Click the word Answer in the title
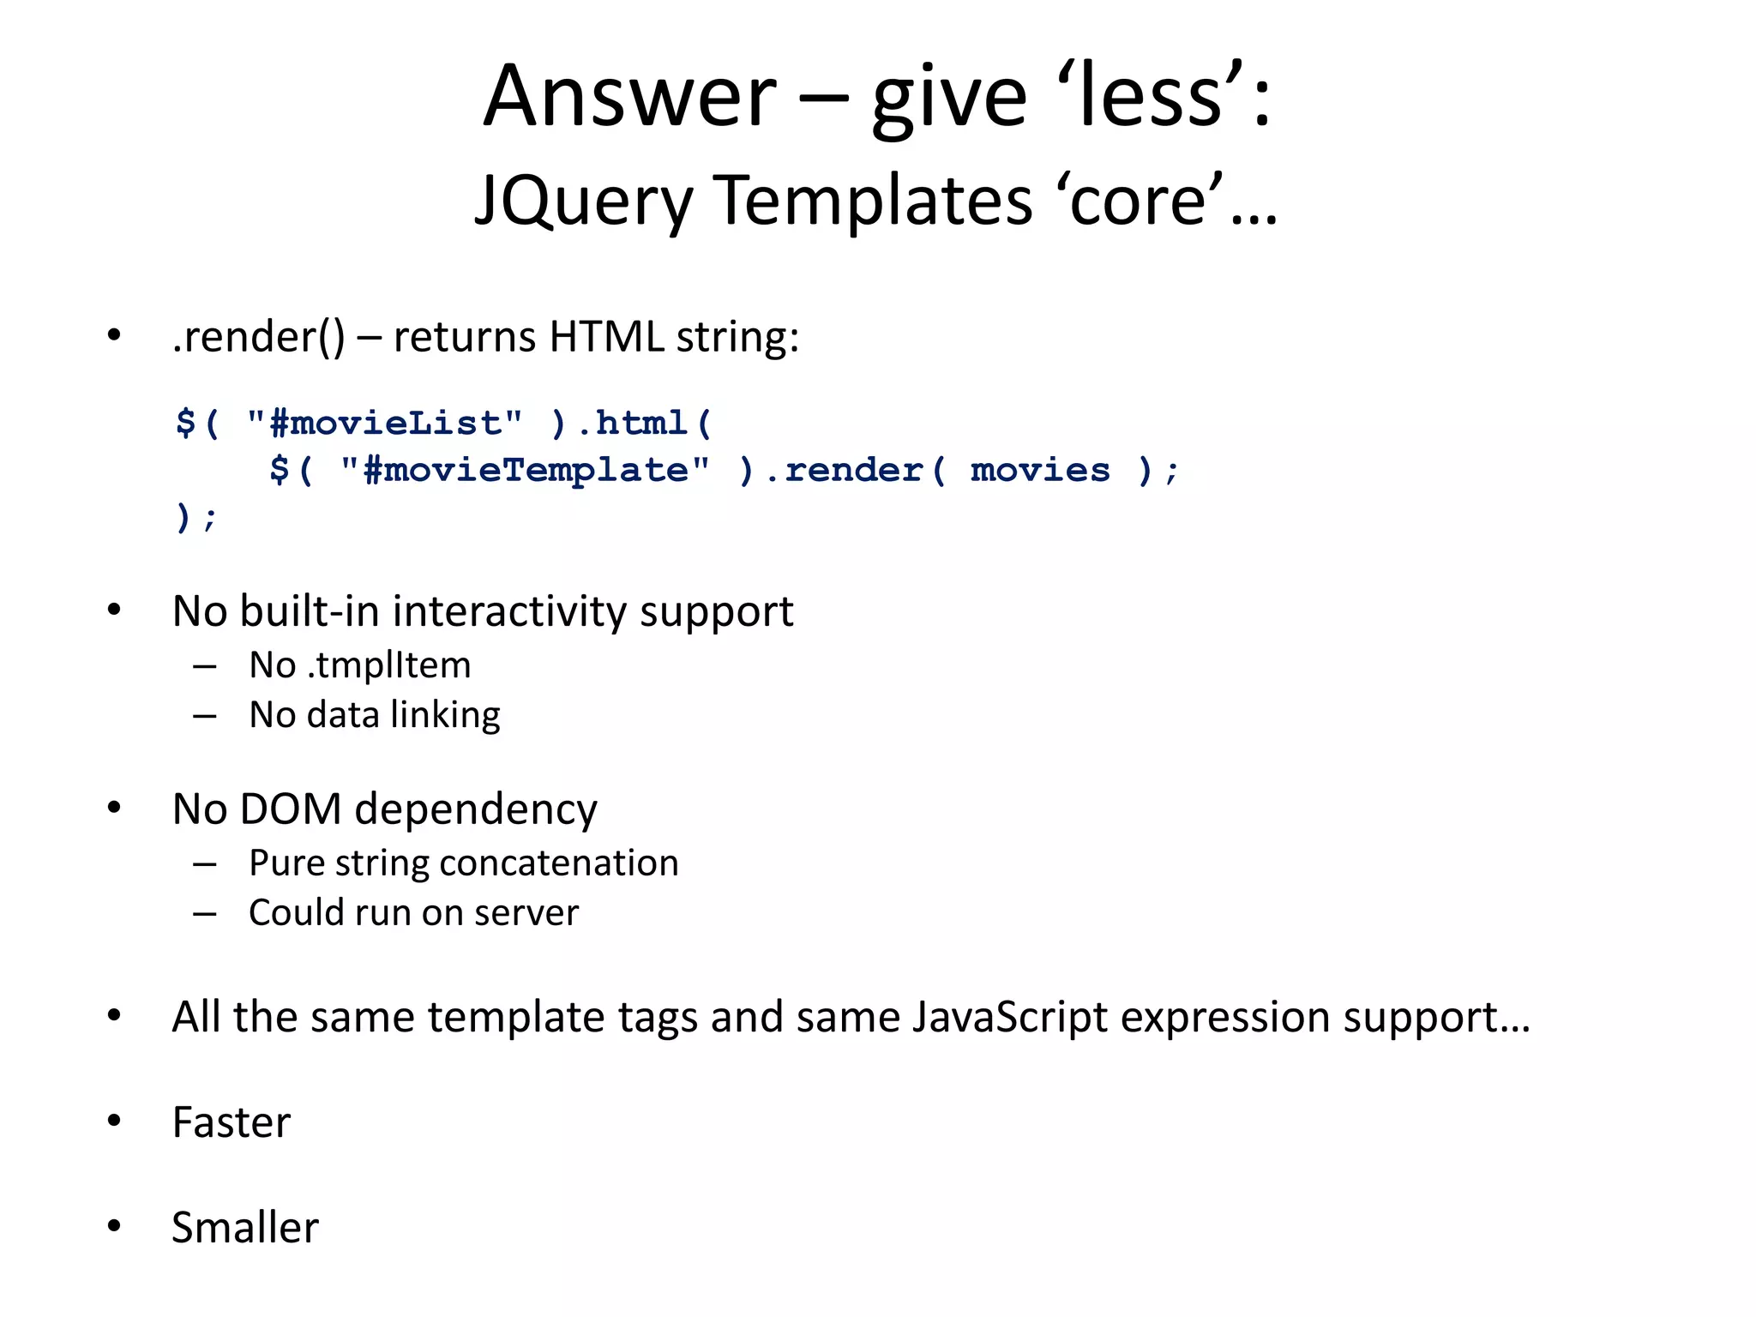630,96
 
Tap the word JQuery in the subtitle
583,201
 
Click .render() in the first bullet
258,336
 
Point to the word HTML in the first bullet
606,336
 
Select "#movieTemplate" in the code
525,470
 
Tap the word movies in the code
1040,470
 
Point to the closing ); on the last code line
195,517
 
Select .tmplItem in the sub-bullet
389,665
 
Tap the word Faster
232,1122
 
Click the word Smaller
245,1228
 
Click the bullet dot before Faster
114,1121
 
